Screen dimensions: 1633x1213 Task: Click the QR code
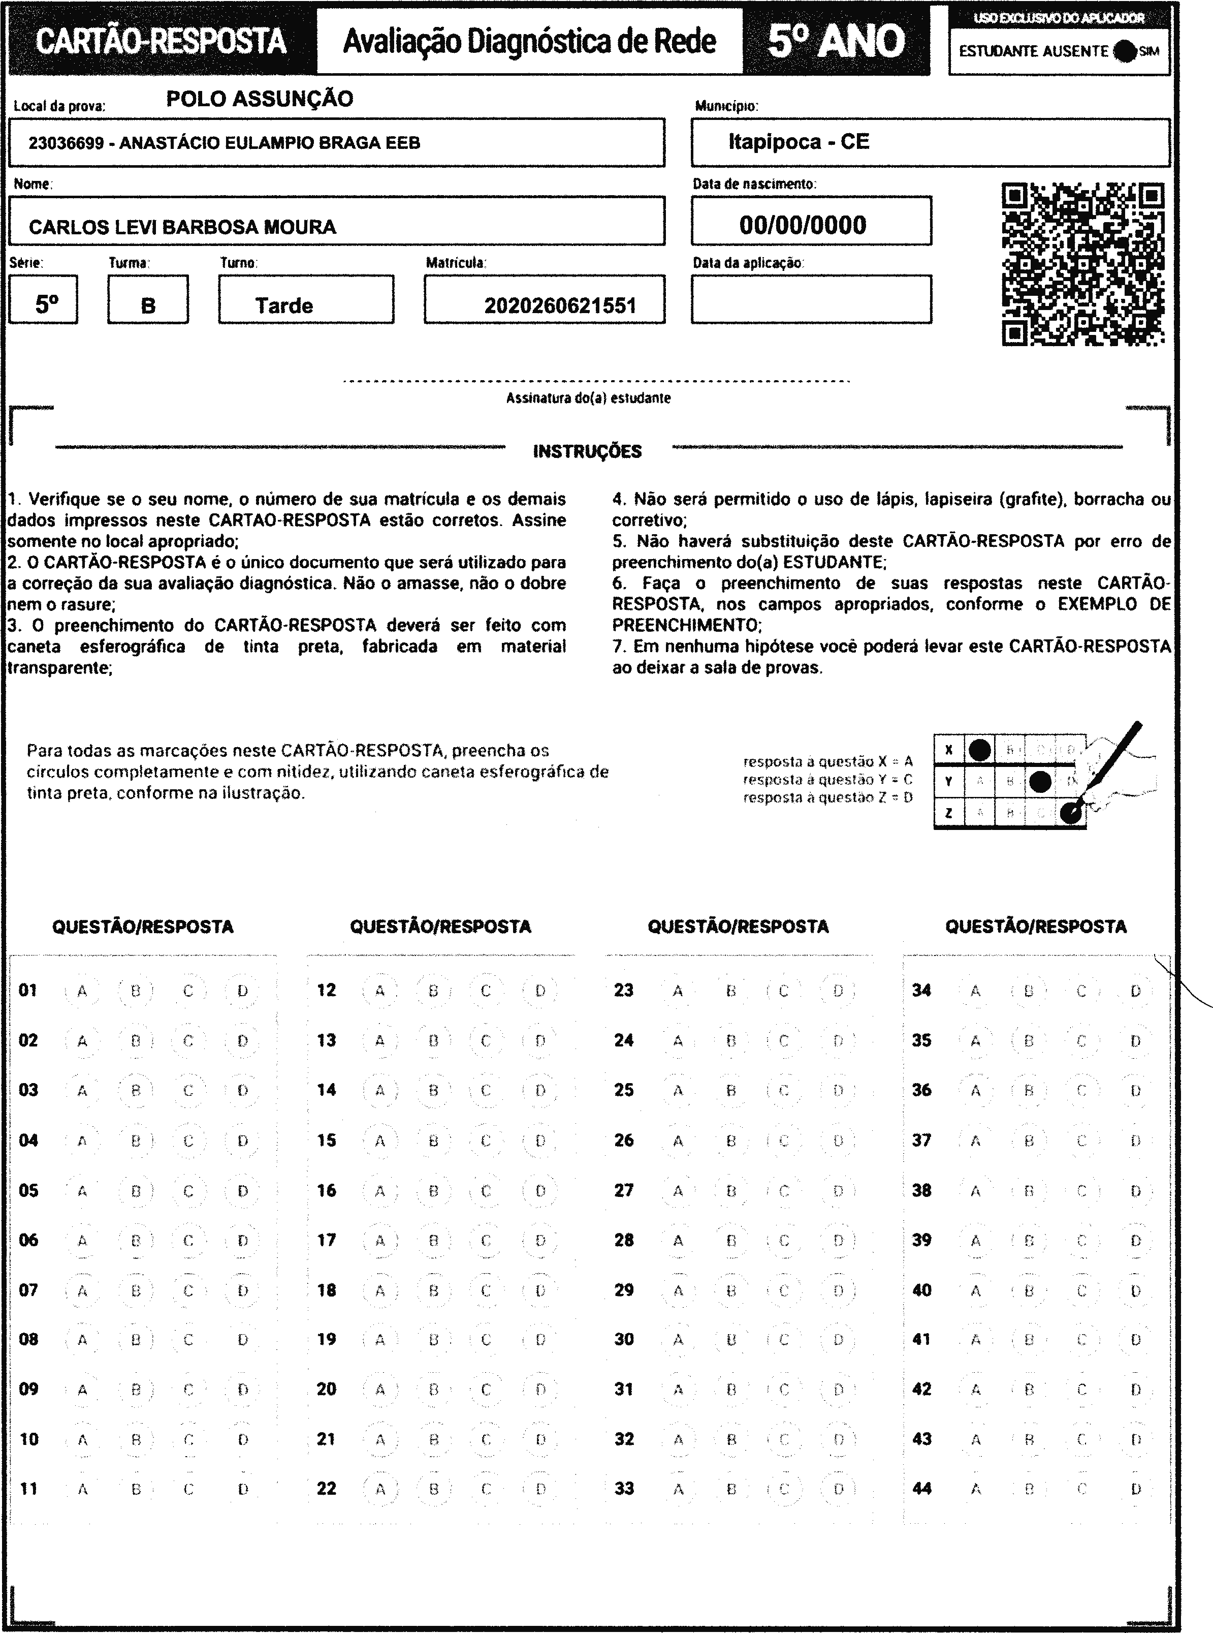[x=1083, y=264]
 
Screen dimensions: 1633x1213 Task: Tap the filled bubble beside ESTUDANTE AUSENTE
[x=1124, y=51]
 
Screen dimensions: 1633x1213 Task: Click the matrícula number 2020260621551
[x=559, y=305]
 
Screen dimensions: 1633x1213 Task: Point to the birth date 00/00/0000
[x=803, y=225]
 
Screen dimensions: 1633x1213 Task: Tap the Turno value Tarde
[x=284, y=305]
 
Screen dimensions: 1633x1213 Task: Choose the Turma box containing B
[x=148, y=300]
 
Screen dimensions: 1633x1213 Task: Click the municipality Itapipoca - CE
[x=799, y=142]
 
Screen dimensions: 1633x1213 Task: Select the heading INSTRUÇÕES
[x=587, y=451]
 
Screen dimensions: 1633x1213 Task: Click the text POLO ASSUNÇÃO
[x=259, y=99]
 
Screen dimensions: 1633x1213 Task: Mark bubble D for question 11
[x=243, y=1489]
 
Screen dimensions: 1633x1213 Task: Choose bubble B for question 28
[x=730, y=1241]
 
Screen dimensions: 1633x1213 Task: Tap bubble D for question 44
[x=1135, y=1489]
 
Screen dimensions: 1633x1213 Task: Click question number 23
[x=623, y=990]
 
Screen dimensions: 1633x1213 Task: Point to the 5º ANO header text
[x=836, y=41]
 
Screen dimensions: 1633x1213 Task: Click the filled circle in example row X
[x=979, y=750]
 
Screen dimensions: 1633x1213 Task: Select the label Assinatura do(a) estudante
[x=588, y=398]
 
